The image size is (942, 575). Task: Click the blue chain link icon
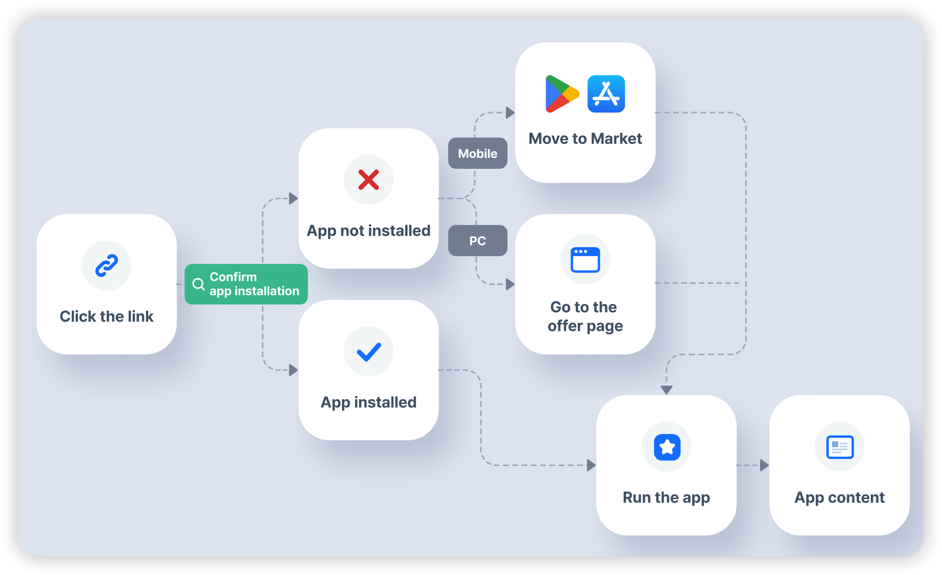pos(107,265)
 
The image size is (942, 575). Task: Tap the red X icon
pos(368,180)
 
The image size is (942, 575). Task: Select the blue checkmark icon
pos(368,352)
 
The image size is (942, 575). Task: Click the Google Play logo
pos(561,94)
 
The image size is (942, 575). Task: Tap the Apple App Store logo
pos(606,94)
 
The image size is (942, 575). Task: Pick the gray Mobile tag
pos(478,153)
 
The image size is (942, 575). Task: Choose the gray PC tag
pos(478,241)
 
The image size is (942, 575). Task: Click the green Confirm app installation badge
pos(246,284)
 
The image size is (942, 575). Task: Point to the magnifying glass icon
pos(198,284)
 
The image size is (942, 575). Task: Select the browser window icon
pos(585,260)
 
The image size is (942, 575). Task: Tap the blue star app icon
pos(667,447)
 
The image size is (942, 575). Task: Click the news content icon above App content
pos(839,447)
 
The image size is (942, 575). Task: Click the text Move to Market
pos(585,138)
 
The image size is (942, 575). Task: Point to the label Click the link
pos(107,316)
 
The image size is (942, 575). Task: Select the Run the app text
pos(666,498)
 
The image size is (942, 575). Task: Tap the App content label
pos(839,498)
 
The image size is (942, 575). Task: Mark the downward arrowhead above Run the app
pos(667,390)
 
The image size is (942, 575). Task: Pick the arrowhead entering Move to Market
pos(510,113)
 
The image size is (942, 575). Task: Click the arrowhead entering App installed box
pos(293,370)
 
